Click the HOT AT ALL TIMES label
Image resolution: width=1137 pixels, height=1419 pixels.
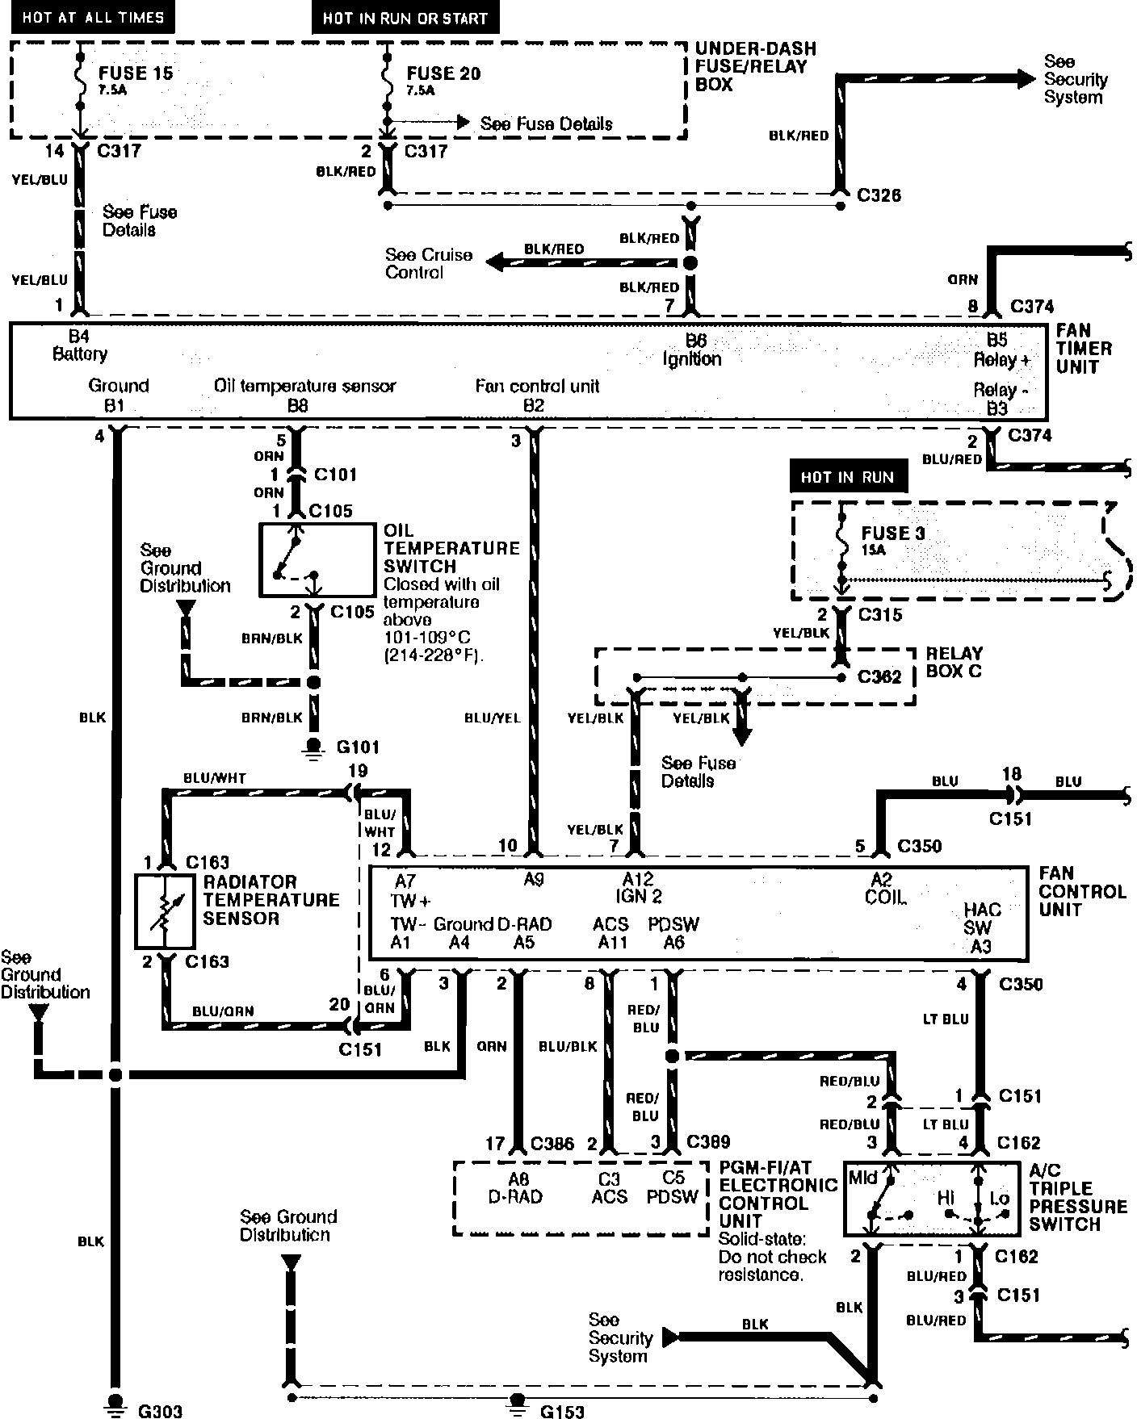pos(93,17)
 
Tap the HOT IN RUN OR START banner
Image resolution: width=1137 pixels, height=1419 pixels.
pos(405,18)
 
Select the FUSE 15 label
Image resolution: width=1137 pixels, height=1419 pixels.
pos(136,73)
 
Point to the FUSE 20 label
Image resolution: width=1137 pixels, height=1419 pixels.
pos(443,73)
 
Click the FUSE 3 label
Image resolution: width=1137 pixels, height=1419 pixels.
pos(893,533)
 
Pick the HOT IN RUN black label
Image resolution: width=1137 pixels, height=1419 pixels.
pos(847,477)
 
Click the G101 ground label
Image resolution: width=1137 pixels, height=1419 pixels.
pos(358,747)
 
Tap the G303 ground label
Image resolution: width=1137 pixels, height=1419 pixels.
pos(160,1411)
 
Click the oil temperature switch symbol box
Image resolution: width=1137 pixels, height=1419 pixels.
pos(317,560)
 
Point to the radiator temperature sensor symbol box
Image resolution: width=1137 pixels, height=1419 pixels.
pos(166,910)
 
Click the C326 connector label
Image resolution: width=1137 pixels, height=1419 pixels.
pos(879,195)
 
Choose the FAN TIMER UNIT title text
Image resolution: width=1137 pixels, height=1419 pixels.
pos(1083,349)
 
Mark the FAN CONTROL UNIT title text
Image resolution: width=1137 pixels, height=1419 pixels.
pos(1082,891)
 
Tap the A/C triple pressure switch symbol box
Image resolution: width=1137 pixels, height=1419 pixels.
pos(930,1199)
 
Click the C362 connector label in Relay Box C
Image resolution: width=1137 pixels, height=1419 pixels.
pos(879,676)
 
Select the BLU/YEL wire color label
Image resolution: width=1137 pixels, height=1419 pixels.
pos(493,718)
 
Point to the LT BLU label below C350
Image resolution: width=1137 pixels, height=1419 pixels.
pos(945,1019)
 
